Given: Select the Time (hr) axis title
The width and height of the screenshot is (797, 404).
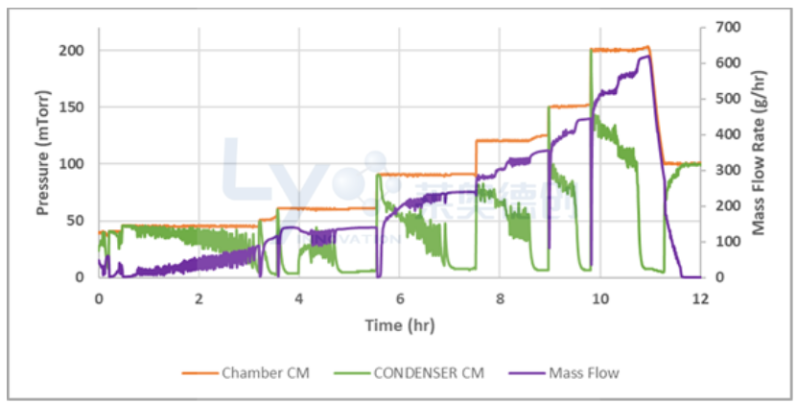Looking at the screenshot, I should point(399,325).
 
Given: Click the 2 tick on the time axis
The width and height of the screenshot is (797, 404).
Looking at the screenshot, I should point(199,298).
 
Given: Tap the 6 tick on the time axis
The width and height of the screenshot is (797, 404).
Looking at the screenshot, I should point(400,298).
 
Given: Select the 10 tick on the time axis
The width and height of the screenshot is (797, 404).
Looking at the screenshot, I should point(600,298).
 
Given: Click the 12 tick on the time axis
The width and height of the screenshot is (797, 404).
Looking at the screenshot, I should point(700,298).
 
